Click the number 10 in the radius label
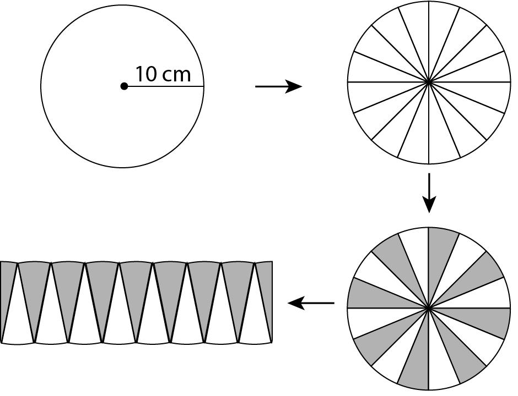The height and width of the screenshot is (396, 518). (145, 74)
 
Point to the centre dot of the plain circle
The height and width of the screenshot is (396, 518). (124, 86)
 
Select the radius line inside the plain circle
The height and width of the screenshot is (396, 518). (165, 86)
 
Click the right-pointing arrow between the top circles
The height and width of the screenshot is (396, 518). (278, 86)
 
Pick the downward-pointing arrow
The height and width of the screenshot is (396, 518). (429, 193)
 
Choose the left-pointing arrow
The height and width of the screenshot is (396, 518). (311, 303)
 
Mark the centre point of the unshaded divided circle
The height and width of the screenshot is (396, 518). (429, 82)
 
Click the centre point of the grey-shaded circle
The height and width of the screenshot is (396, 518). (429, 308)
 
